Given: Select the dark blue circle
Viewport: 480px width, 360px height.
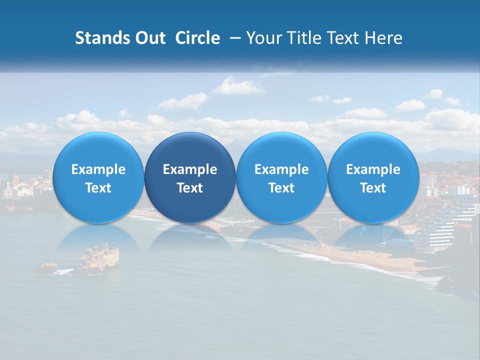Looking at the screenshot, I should point(190,178).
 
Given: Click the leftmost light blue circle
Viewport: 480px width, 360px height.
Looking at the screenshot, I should point(98,178).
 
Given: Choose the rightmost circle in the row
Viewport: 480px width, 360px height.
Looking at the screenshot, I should point(373,178).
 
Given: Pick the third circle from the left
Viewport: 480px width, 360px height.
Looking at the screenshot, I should point(281,178).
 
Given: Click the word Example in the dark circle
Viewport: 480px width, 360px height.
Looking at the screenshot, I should point(190,169).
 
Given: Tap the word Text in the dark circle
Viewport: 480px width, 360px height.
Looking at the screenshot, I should point(190,188).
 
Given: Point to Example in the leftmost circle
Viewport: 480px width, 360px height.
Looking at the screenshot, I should point(98,169).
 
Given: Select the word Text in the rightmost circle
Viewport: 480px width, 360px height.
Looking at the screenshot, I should point(373,188).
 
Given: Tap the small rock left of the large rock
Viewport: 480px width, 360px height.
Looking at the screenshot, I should point(48,267).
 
